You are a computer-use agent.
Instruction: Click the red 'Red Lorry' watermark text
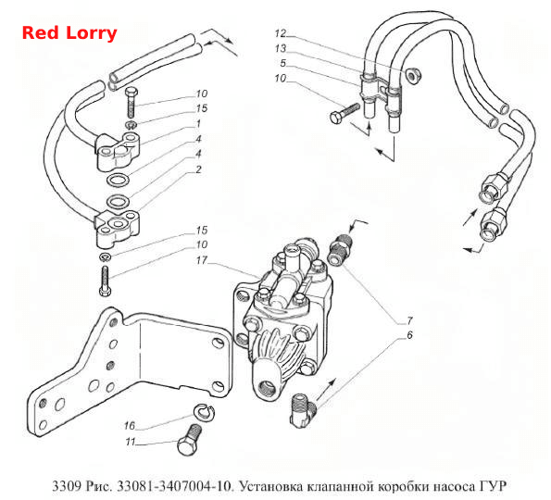click(69, 33)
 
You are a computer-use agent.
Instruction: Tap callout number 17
click(202, 260)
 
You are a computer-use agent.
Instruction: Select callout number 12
click(281, 33)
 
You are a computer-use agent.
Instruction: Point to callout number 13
click(281, 48)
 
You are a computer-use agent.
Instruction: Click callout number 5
click(282, 63)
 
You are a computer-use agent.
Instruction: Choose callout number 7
click(409, 320)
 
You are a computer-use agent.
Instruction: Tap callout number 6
click(409, 335)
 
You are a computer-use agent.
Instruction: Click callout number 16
click(130, 426)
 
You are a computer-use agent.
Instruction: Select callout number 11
click(131, 442)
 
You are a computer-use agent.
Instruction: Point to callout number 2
click(198, 169)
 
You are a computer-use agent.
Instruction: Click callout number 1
click(198, 124)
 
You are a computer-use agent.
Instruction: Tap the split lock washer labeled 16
click(204, 411)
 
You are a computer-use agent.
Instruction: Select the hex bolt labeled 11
click(189, 440)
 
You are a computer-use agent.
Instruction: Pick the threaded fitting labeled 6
click(303, 410)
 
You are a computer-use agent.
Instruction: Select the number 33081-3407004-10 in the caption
click(174, 486)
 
